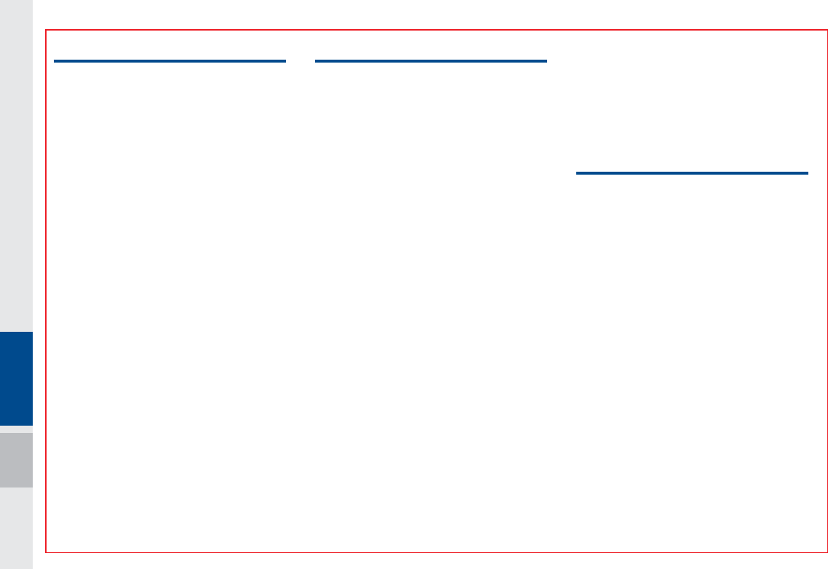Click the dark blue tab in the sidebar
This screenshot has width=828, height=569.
point(16,378)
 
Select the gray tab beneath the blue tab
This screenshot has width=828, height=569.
point(16,460)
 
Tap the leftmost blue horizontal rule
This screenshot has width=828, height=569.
point(170,61)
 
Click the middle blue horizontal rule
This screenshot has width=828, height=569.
point(431,61)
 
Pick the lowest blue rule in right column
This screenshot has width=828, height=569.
point(692,173)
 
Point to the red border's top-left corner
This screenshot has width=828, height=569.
point(46,31)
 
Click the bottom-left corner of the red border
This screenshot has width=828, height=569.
point(46,552)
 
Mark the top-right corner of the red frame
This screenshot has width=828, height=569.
point(827,31)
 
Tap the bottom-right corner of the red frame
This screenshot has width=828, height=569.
point(827,552)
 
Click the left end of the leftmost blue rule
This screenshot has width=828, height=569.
point(55,61)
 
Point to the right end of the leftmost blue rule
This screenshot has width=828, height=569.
point(284,61)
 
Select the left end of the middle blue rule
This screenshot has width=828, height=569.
point(317,61)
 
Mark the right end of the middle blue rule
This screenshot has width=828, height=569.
point(546,61)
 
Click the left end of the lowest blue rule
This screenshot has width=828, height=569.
point(578,173)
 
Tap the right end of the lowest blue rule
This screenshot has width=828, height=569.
point(807,173)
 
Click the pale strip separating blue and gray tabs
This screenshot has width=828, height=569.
point(16,429)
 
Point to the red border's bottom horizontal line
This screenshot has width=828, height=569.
point(437,552)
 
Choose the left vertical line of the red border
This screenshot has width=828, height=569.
point(46,291)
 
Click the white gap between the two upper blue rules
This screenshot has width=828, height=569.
point(300,61)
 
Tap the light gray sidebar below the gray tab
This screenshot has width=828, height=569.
point(16,528)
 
